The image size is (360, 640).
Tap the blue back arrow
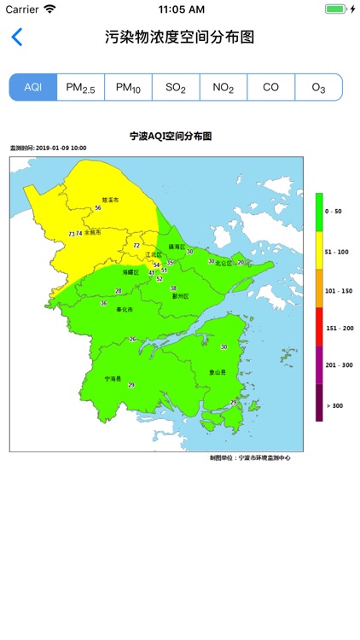(x=16, y=38)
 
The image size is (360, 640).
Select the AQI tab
(x=33, y=87)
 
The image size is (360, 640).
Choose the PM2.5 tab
(x=80, y=87)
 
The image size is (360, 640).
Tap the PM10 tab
(x=128, y=87)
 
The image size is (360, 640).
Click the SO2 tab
(x=176, y=87)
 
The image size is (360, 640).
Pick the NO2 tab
(x=223, y=87)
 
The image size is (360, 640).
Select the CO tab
(x=270, y=87)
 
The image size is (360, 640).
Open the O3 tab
(x=318, y=87)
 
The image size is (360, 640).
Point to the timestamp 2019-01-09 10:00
(x=60, y=148)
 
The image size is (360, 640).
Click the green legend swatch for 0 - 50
(x=319, y=211)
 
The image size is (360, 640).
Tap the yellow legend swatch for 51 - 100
(x=319, y=251)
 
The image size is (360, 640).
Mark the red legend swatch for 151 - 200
(x=319, y=327)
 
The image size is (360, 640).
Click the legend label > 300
(x=334, y=405)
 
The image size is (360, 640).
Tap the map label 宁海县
(x=113, y=378)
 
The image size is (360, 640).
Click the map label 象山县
(x=218, y=372)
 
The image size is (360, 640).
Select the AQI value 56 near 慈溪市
(x=98, y=207)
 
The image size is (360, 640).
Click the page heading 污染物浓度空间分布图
(x=180, y=38)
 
